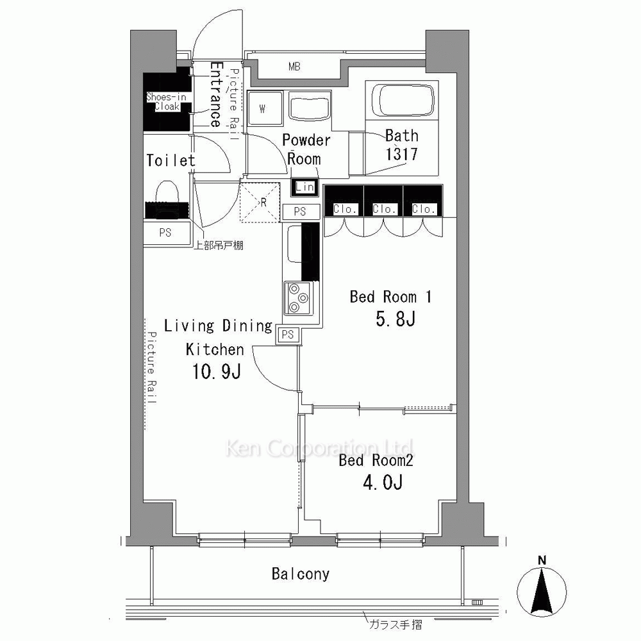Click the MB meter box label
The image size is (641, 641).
[294, 66]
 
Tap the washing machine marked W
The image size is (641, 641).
[265, 108]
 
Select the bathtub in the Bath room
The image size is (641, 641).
[402, 101]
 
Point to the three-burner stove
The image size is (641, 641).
[299, 299]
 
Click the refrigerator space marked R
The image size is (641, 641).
[260, 203]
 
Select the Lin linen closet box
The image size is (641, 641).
[304, 187]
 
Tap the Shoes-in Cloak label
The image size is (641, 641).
[167, 101]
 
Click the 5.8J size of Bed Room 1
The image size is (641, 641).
[395, 319]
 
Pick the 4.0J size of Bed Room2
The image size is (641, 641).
[383, 483]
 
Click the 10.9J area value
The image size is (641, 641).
[217, 371]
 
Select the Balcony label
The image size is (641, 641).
[301, 574]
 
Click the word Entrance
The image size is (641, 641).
[216, 94]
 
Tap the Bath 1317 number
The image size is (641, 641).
[401, 154]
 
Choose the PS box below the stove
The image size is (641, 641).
[288, 335]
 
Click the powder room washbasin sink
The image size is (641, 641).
[310, 106]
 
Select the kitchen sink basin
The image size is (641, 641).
[294, 244]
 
